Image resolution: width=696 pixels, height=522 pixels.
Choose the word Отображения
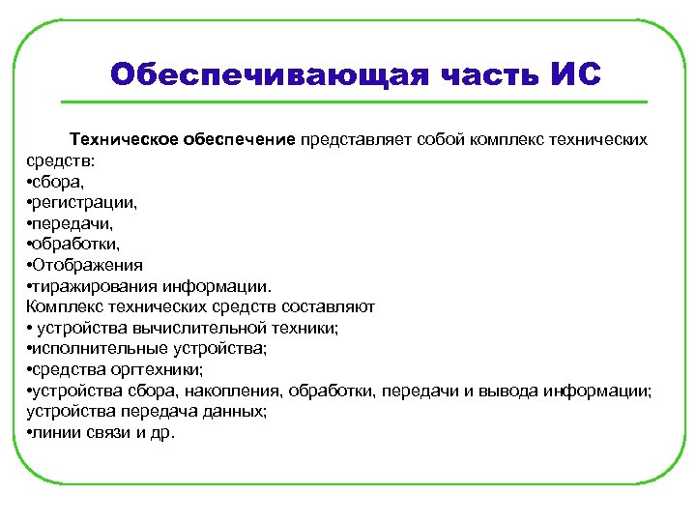click(x=88, y=265)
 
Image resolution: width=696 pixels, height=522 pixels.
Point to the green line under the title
click(x=354, y=101)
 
